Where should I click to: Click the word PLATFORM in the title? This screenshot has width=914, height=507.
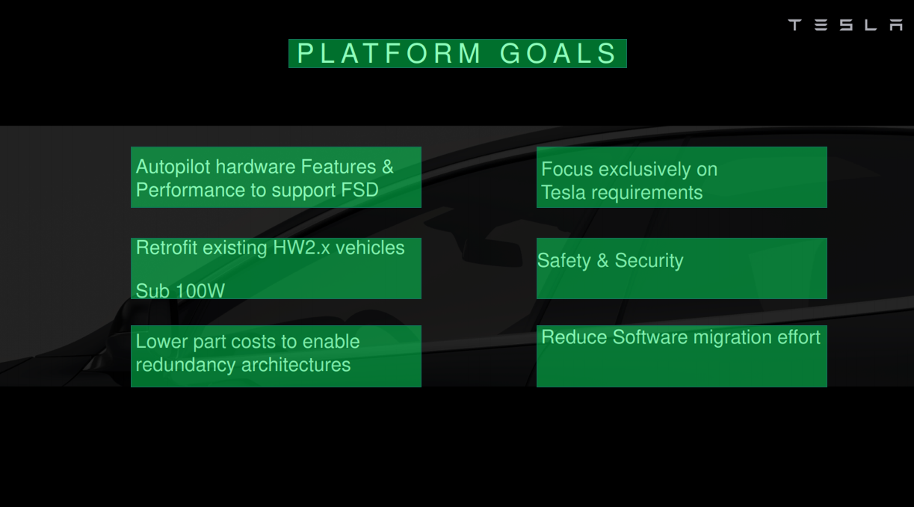389,54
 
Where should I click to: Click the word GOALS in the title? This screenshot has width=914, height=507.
558,54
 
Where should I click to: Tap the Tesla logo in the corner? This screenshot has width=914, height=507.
845,25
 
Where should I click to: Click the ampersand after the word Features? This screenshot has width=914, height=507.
388,167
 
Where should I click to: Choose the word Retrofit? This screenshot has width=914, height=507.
167,248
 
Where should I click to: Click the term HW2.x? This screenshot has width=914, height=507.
301,248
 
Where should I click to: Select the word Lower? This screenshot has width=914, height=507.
161,341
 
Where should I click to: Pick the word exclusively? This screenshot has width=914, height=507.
644,170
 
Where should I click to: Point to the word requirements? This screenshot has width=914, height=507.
647,193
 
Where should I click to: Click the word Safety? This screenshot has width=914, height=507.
564,261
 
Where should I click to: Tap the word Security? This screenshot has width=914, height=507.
649,261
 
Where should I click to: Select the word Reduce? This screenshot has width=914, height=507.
574,337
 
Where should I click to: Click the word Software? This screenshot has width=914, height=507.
650,337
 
